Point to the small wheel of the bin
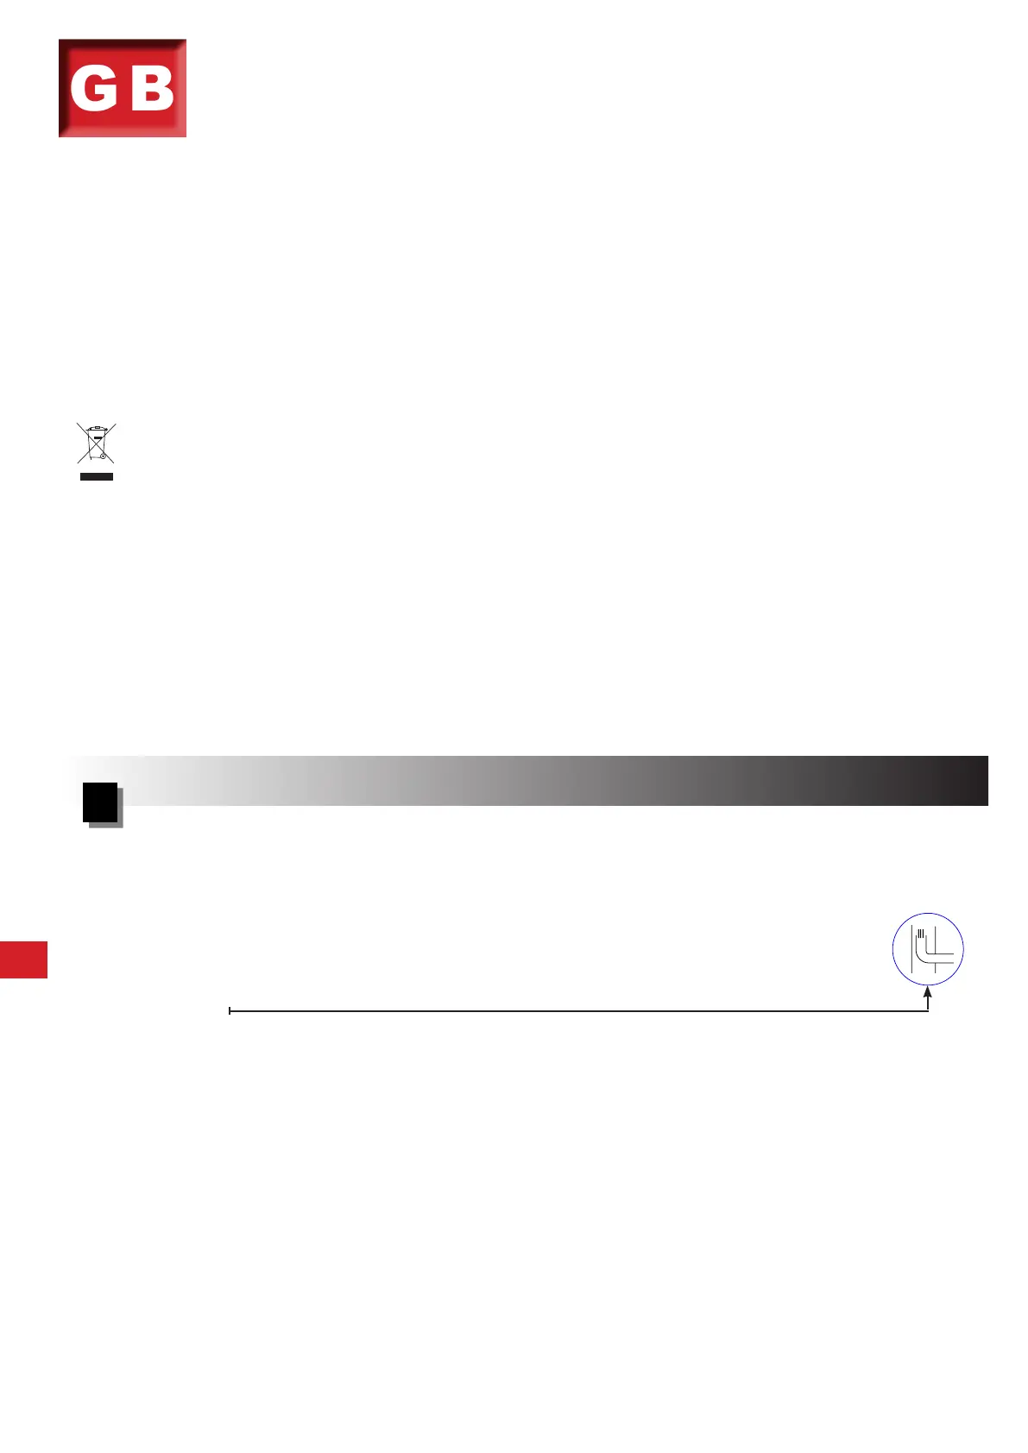pos(103,456)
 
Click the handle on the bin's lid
pos(98,427)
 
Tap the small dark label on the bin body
pos(98,437)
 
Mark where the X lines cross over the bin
pos(96,443)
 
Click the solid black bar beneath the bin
pos(96,477)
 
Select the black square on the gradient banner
pos(100,802)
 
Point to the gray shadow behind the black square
pos(121,811)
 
